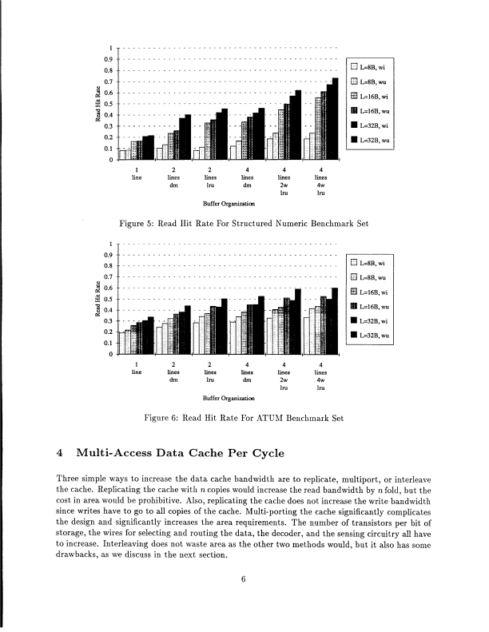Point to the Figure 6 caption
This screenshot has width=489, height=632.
pos(243,417)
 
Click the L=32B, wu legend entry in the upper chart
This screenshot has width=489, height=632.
pos(373,141)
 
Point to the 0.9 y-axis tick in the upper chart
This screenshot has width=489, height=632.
pos(112,58)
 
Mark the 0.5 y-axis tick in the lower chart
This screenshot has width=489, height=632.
pos(112,299)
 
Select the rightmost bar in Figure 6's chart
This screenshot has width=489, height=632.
pos(335,320)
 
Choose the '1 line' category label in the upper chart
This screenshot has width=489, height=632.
pos(137,173)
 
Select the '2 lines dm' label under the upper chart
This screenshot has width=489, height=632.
pos(173,177)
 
